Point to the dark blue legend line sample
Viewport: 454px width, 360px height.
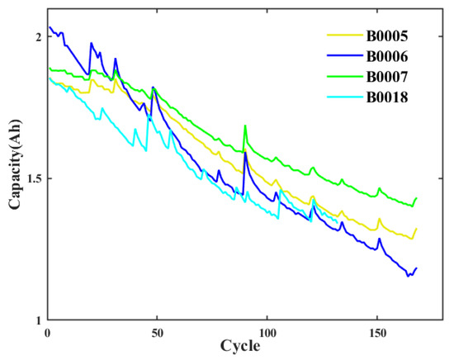click(x=342, y=57)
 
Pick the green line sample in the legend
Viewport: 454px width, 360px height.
click(x=342, y=78)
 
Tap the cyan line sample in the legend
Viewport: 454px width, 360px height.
click(x=342, y=98)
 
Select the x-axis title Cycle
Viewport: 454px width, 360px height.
click(x=239, y=348)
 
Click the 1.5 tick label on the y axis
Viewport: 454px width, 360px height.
click(x=31, y=178)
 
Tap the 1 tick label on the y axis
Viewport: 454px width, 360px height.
click(x=37, y=320)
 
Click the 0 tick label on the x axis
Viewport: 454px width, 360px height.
click(x=48, y=332)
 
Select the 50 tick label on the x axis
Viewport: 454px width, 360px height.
click(x=157, y=332)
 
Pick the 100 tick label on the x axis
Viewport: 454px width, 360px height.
click(x=267, y=332)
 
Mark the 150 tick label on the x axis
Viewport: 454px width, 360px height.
click(x=376, y=332)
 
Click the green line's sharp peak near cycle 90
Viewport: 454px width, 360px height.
click(x=245, y=126)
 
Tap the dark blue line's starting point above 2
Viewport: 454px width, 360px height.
click(x=50, y=27)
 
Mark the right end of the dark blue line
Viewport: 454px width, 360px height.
click(x=417, y=268)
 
